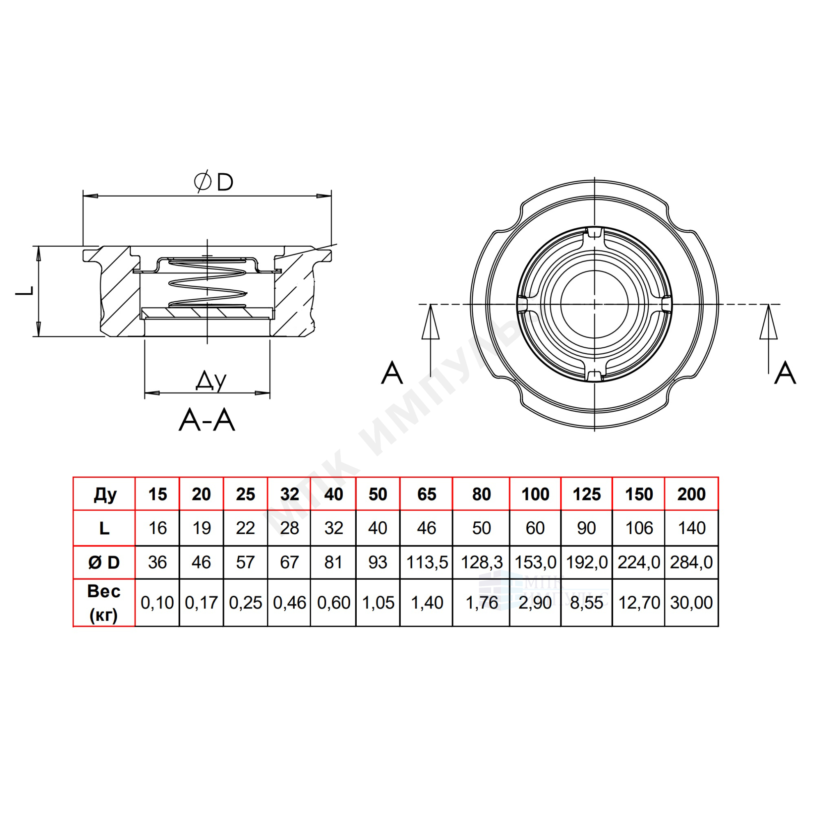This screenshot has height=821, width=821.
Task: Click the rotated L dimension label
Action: [x=25, y=291]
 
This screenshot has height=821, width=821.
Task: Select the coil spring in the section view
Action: [x=207, y=282]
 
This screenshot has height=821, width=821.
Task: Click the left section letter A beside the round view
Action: [x=392, y=373]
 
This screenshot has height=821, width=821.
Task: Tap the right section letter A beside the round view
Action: [x=785, y=373]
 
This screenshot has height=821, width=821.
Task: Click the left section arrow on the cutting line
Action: [x=431, y=340]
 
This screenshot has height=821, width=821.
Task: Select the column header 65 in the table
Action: [x=427, y=494]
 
